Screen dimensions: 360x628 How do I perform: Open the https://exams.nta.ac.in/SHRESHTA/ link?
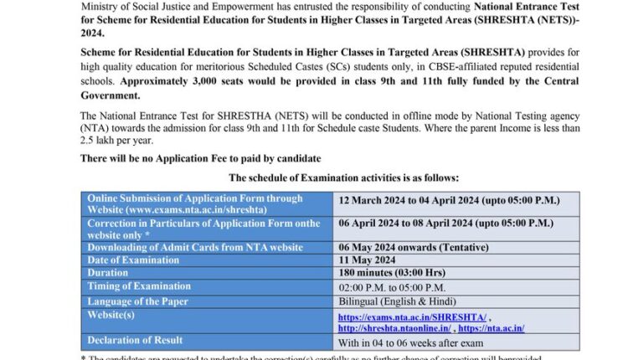(x=412, y=316)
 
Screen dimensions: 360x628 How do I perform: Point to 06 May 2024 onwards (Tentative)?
(x=409, y=246)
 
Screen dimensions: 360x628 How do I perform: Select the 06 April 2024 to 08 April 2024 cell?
(x=445, y=224)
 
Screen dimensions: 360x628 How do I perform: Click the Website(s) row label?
(x=113, y=314)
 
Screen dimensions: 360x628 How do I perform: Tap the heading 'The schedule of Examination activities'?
(x=343, y=178)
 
